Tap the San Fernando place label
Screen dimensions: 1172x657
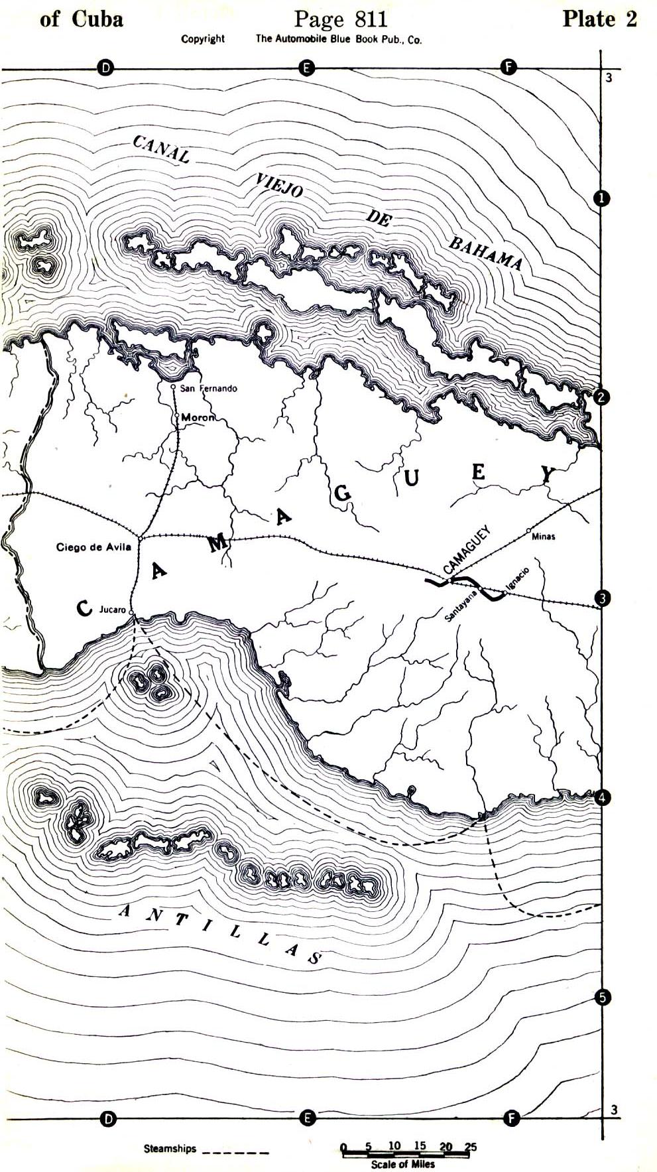click(208, 388)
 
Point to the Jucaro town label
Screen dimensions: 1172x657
click(112, 609)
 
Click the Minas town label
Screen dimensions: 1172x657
click(544, 537)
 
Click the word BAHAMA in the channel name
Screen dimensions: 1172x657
click(486, 253)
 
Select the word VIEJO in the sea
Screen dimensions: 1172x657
click(279, 186)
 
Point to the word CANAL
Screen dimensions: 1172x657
click(161, 149)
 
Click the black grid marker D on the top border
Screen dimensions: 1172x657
click(105, 67)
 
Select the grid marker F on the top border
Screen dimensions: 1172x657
click(508, 67)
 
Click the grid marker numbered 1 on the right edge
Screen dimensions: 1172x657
click(601, 198)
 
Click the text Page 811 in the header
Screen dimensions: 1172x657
click(340, 19)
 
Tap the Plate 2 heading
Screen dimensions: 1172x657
click(599, 19)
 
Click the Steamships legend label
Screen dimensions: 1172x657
click(170, 1149)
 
